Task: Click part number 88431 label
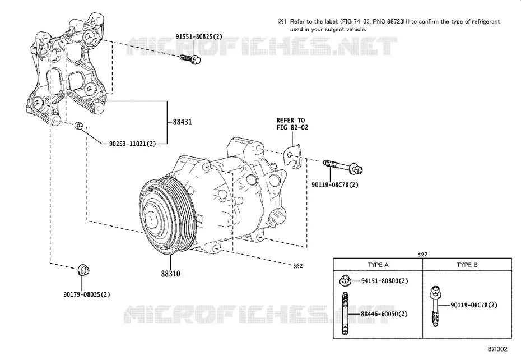tap(182, 122)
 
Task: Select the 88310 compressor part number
tap(170, 274)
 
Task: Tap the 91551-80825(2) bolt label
tap(199, 36)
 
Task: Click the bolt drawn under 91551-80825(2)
tap(190, 59)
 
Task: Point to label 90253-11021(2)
tap(132, 144)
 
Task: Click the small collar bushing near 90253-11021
tap(79, 126)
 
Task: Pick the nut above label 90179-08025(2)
tap(83, 270)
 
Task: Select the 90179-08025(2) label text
tap(86, 294)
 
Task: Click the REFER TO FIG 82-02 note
tap(292, 124)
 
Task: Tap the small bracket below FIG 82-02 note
tap(294, 156)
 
